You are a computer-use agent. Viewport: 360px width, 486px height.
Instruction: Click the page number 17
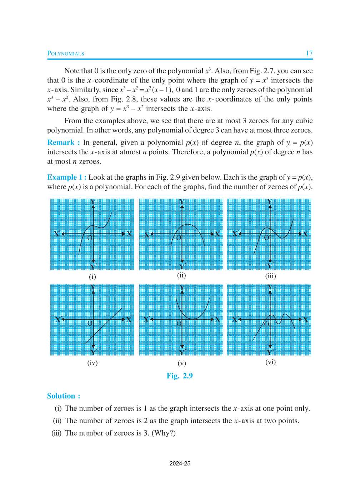pos(309,53)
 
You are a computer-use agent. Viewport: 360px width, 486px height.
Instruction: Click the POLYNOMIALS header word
pos(66,54)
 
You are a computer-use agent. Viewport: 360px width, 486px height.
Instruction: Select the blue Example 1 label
pos(66,177)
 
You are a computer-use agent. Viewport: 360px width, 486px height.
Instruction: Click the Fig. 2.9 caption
pos(180,376)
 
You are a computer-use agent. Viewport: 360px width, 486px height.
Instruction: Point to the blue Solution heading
pos(64,396)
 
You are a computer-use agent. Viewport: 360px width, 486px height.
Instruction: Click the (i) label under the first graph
pos(92,276)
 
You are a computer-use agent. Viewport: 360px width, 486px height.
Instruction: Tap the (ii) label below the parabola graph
pos(181,275)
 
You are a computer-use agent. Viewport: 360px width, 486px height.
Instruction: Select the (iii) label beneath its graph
pos(270,276)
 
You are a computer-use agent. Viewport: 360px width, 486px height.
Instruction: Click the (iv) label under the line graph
pos(92,363)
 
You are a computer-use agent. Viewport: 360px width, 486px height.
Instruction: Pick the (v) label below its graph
pos(181,363)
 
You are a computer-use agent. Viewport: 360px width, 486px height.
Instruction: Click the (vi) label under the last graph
pos(270,362)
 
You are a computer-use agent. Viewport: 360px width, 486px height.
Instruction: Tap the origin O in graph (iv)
pos(90,323)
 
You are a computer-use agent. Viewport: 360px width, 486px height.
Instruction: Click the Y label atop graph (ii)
pos(182,202)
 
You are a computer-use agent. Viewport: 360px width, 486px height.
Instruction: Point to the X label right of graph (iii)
pos(305,234)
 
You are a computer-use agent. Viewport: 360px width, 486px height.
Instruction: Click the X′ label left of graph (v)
pos(146,319)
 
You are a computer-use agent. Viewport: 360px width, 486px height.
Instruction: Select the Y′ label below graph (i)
pos(94,267)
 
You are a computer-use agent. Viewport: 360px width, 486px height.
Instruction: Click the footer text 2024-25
pos(180,464)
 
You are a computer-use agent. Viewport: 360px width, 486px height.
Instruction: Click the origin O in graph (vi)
pos(266,324)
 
